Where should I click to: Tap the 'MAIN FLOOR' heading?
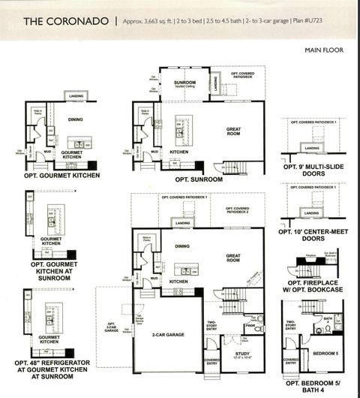click(324, 50)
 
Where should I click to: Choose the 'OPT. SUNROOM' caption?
click(199, 179)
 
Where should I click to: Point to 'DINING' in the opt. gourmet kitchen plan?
click(75, 119)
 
